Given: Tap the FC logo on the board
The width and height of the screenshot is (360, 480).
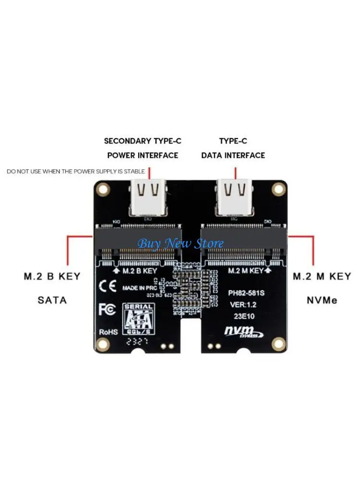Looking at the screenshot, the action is pyautogui.click(x=108, y=309).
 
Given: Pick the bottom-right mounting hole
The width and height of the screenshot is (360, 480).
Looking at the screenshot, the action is pyautogui.click(x=277, y=343).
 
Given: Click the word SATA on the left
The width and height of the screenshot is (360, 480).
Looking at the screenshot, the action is pyautogui.click(x=52, y=301).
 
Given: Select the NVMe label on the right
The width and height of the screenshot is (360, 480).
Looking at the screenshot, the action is pyautogui.click(x=322, y=301).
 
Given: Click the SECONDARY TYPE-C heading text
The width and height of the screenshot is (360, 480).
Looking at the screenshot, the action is pyautogui.click(x=143, y=141).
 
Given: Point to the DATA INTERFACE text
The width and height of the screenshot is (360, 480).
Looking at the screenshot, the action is pyautogui.click(x=233, y=156).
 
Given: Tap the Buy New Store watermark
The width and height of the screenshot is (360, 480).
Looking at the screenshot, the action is pyautogui.click(x=180, y=243).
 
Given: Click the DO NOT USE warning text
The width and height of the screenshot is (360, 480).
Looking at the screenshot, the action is pyautogui.click(x=76, y=171).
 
